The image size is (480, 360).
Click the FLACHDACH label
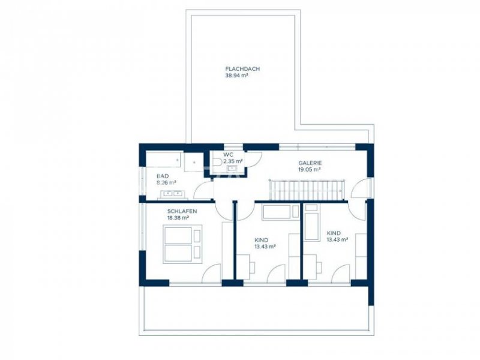(x=242, y=69)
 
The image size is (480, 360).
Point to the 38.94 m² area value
(x=236, y=76)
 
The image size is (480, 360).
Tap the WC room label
(x=228, y=155)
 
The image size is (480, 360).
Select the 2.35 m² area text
(x=233, y=161)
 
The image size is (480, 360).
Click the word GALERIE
(x=310, y=163)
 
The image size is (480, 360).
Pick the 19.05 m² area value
(x=310, y=170)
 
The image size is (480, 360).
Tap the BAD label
(x=163, y=176)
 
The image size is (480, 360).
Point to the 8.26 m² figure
(x=166, y=183)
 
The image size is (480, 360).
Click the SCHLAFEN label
(x=182, y=211)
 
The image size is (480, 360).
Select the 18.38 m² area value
(x=178, y=218)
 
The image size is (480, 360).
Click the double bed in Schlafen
(x=182, y=244)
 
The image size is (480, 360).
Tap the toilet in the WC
(x=218, y=162)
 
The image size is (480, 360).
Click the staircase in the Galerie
(x=307, y=190)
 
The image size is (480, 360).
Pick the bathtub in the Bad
(x=163, y=159)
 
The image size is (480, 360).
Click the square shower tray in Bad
(x=194, y=161)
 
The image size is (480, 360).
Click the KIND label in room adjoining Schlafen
(x=262, y=240)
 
